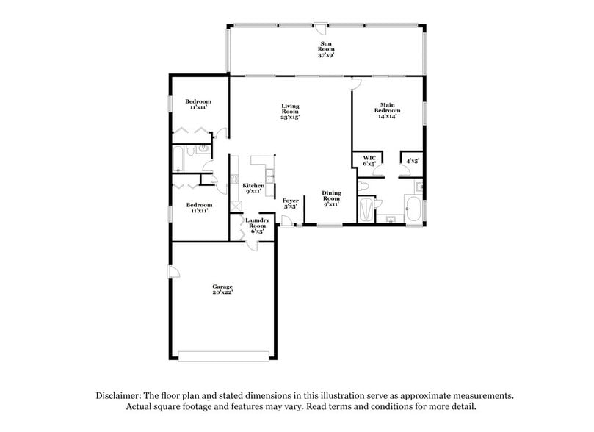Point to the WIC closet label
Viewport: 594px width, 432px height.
tap(369, 158)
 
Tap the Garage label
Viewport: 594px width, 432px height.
tap(222, 287)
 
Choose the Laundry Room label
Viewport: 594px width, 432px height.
tap(257, 222)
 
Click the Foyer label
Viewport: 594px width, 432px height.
tap(290, 200)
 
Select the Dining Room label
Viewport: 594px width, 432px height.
tap(331, 196)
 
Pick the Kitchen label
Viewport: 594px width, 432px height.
tap(253, 186)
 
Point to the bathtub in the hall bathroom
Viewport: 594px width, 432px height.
tap(179, 159)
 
